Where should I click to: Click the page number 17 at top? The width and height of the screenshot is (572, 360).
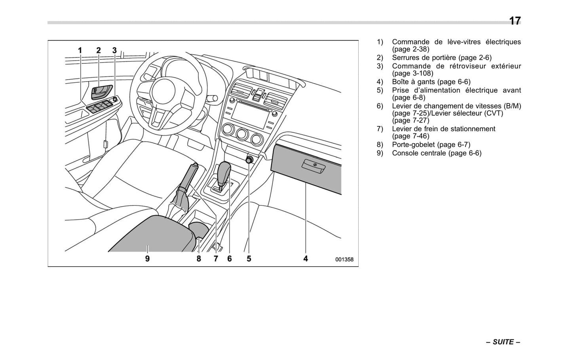[515, 21]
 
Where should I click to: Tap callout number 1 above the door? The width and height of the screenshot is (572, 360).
[80, 50]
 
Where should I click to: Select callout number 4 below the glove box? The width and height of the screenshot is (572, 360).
[306, 259]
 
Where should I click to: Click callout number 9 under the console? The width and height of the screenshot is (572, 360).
[147, 259]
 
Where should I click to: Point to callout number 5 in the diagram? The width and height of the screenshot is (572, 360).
[249, 259]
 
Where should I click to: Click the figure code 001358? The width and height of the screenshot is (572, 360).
[344, 260]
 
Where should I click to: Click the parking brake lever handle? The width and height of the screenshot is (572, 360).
[189, 174]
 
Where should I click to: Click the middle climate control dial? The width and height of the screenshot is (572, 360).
[242, 135]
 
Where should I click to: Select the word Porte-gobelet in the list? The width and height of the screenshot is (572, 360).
[413, 145]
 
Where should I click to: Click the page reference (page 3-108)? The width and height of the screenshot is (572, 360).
[412, 74]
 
